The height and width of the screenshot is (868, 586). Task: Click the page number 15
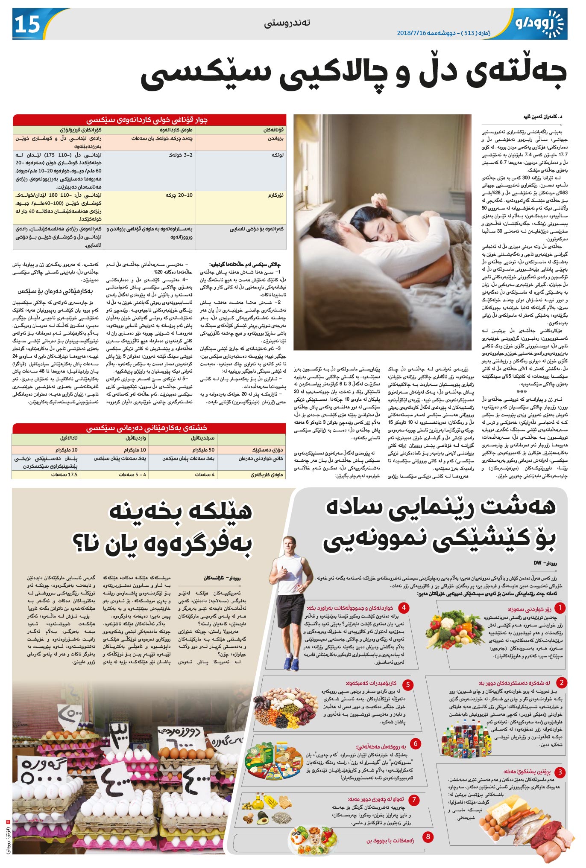27,25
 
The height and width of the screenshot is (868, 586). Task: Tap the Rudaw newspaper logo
540,24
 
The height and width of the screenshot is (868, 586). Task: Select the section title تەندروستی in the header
287,23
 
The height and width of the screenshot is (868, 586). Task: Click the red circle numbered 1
559,608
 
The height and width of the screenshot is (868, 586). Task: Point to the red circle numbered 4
403,607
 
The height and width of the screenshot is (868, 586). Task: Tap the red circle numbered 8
428,836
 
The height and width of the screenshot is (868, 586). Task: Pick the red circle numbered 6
415,743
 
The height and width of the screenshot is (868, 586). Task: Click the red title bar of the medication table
149,428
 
